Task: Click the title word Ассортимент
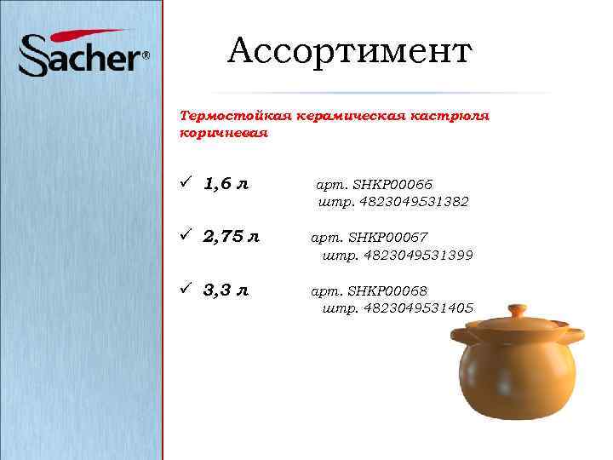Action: coord(349,52)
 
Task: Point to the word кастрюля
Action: coord(450,116)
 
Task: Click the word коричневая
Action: coord(224,134)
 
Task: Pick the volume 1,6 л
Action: coord(226,184)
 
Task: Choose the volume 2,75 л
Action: coord(232,237)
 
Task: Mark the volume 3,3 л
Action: coord(226,290)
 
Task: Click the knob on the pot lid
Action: coord(515,309)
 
